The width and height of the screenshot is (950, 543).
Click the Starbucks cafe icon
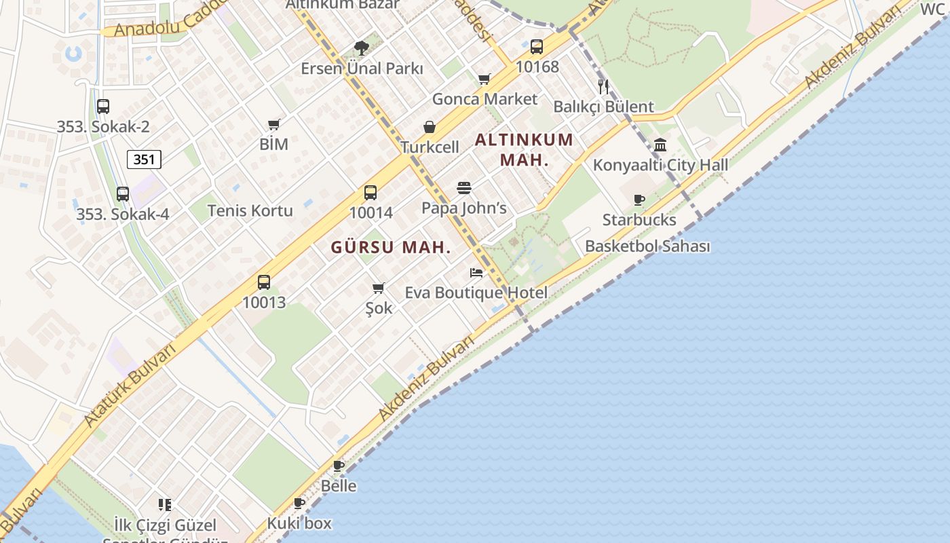pyautogui.click(x=639, y=200)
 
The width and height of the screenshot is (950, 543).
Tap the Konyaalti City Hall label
pyautogui.click(x=660, y=165)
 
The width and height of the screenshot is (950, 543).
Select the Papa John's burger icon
pyautogui.click(x=464, y=188)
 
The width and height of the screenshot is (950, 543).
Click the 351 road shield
pyautogui.click(x=144, y=160)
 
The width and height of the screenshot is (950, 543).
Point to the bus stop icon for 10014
pyautogui.click(x=370, y=193)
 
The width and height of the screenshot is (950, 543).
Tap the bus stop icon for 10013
pyautogui.click(x=264, y=282)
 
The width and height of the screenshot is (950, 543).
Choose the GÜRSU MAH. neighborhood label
pyautogui.click(x=391, y=248)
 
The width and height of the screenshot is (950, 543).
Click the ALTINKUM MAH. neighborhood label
pyautogui.click(x=524, y=150)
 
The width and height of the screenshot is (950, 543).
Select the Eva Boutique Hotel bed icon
pyautogui.click(x=476, y=273)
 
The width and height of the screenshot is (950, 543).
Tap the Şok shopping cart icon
pyautogui.click(x=379, y=288)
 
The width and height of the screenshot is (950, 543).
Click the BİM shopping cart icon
pyautogui.click(x=274, y=124)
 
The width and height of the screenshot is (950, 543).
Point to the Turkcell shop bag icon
pyautogui.click(x=430, y=127)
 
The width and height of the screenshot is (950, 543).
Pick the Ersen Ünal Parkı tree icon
pyautogui.click(x=362, y=48)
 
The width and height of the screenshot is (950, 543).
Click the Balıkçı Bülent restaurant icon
pyautogui.click(x=603, y=86)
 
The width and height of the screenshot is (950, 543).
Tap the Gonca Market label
pyautogui.click(x=484, y=99)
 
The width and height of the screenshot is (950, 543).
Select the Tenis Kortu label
pyautogui.click(x=250, y=210)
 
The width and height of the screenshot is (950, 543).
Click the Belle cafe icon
pyautogui.click(x=339, y=466)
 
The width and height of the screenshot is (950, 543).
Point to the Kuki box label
pyautogui.click(x=299, y=523)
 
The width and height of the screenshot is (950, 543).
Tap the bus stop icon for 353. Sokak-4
pyautogui.click(x=123, y=194)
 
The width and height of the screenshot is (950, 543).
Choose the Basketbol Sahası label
pyautogui.click(x=647, y=246)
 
